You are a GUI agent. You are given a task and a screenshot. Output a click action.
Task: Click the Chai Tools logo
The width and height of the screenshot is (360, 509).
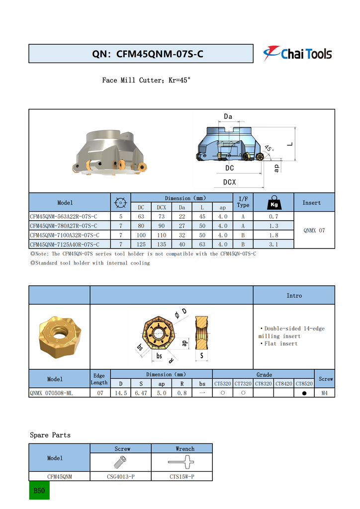(297, 53)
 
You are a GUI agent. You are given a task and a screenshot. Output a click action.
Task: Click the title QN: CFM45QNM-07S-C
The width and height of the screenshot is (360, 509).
(148, 54)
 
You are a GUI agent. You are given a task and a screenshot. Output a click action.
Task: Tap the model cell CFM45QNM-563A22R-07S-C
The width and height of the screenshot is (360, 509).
(63, 217)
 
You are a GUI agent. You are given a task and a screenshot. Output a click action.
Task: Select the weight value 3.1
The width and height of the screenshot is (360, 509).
(273, 245)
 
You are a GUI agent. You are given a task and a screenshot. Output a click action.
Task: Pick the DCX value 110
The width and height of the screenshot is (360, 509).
(162, 235)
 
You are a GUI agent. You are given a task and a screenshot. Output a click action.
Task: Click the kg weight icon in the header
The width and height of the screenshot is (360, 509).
(273, 202)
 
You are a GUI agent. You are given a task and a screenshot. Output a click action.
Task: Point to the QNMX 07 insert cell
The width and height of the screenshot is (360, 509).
(314, 231)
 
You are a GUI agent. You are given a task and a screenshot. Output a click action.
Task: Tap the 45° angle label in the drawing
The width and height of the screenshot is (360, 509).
(269, 148)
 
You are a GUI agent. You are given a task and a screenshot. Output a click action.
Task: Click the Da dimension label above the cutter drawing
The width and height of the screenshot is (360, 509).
(228, 117)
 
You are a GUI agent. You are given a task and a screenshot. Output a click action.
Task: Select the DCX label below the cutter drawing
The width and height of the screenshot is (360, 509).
(229, 182)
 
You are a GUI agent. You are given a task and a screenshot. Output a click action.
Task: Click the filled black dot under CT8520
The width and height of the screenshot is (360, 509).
(304, 393)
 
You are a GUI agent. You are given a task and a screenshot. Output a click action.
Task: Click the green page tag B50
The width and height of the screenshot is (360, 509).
(39, 491)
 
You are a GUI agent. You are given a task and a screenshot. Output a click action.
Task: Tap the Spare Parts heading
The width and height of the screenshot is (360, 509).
(50, 435)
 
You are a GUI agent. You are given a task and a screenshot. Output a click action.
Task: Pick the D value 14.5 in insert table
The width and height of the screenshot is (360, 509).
(120, 393)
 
